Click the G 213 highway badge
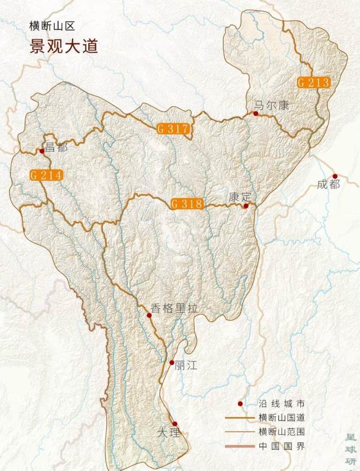pyautogui.click(x=313, y=83)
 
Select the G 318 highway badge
pyautogui.click(x=187, y=204)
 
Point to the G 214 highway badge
pyautogui.click(x=46, y=175)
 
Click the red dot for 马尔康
pyautogui.click(x=255, y=114)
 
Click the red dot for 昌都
pyautogui.click(x=42, y=151)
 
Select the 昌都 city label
pyautogui.click(x=56, y=147)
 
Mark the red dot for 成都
pyautogui.click(x=335, y=176)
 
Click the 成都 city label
pyautogui.click(x=328, y=184)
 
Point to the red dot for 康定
pyautogui.click(x=246, y=206)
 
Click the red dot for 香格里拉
pyautogui.click(x=149, y=315)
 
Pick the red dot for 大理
pyautogui.click(x=175, y=424)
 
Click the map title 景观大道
pyautogui.click(x=64, y=46)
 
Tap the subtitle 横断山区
pyautogui.click(x=52, y=26)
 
